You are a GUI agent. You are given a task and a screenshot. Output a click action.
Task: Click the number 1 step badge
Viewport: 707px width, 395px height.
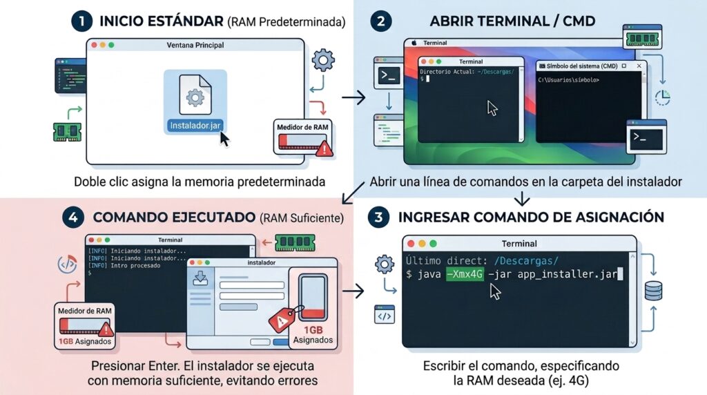81,21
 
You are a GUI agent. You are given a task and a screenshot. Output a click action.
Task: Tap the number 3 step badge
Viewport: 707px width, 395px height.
378,218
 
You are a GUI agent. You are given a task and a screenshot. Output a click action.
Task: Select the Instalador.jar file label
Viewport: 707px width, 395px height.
195,126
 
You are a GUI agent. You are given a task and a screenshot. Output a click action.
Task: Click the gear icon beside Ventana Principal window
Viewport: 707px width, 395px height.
323,60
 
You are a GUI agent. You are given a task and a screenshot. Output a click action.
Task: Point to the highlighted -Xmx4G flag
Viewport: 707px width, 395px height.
465,274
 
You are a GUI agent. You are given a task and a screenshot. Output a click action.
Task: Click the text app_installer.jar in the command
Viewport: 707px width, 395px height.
568,274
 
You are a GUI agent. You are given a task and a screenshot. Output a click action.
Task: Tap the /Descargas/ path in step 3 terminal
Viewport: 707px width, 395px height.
526,260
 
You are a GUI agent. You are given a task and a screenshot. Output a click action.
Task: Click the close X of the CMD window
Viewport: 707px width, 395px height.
639,66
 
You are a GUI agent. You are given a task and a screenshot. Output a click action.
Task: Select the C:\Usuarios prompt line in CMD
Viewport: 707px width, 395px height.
569,80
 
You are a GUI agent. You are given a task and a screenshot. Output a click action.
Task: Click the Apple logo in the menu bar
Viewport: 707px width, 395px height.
414,43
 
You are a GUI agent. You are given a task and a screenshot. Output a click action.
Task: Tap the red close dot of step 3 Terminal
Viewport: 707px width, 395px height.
411,244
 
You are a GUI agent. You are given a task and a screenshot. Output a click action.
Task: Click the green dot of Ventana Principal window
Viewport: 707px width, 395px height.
111,45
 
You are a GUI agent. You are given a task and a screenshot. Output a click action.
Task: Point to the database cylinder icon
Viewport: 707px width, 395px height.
653,291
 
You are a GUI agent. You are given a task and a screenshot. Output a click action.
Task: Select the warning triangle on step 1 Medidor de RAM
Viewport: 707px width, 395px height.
324,148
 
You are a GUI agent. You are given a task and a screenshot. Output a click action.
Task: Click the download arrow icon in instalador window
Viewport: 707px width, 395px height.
200,278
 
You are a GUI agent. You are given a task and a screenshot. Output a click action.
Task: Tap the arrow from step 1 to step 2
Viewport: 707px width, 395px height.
353,97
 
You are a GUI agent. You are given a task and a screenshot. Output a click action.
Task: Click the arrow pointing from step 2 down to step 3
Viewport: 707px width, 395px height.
522,199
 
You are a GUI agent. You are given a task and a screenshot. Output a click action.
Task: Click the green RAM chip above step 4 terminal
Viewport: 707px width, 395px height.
295,242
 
